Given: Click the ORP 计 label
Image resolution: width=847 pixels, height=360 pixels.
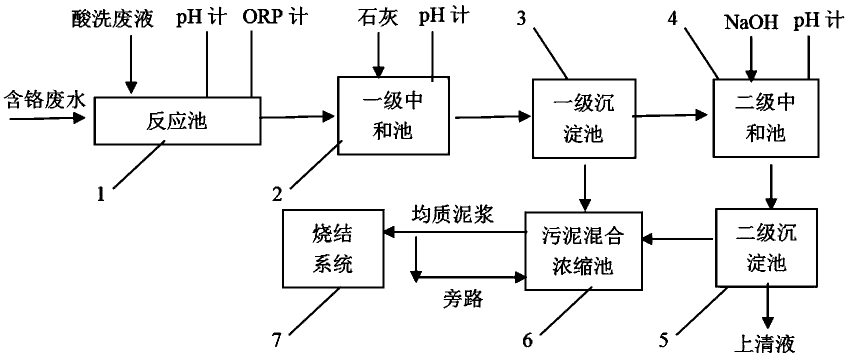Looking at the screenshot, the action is tap(275, 17).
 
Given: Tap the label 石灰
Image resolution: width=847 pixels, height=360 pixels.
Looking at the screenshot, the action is tap(378, 17).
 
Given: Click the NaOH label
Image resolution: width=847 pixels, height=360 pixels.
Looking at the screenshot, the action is tap(751, 22).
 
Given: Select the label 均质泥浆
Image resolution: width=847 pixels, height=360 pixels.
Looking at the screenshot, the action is tap(452, 214).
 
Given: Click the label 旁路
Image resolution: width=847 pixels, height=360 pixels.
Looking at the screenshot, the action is tap(463, 298).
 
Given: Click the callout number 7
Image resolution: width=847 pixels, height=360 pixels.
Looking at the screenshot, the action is tap(277, 340).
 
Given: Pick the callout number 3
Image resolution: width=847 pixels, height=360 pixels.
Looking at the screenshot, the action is tap(521, 18).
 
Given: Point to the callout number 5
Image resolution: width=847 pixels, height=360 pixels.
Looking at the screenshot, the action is tap(664, 340).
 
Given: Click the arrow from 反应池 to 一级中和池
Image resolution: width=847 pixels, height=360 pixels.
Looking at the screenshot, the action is tap(297, 117).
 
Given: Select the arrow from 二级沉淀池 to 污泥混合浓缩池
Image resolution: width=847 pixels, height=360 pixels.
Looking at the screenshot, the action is tap(677, 239).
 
